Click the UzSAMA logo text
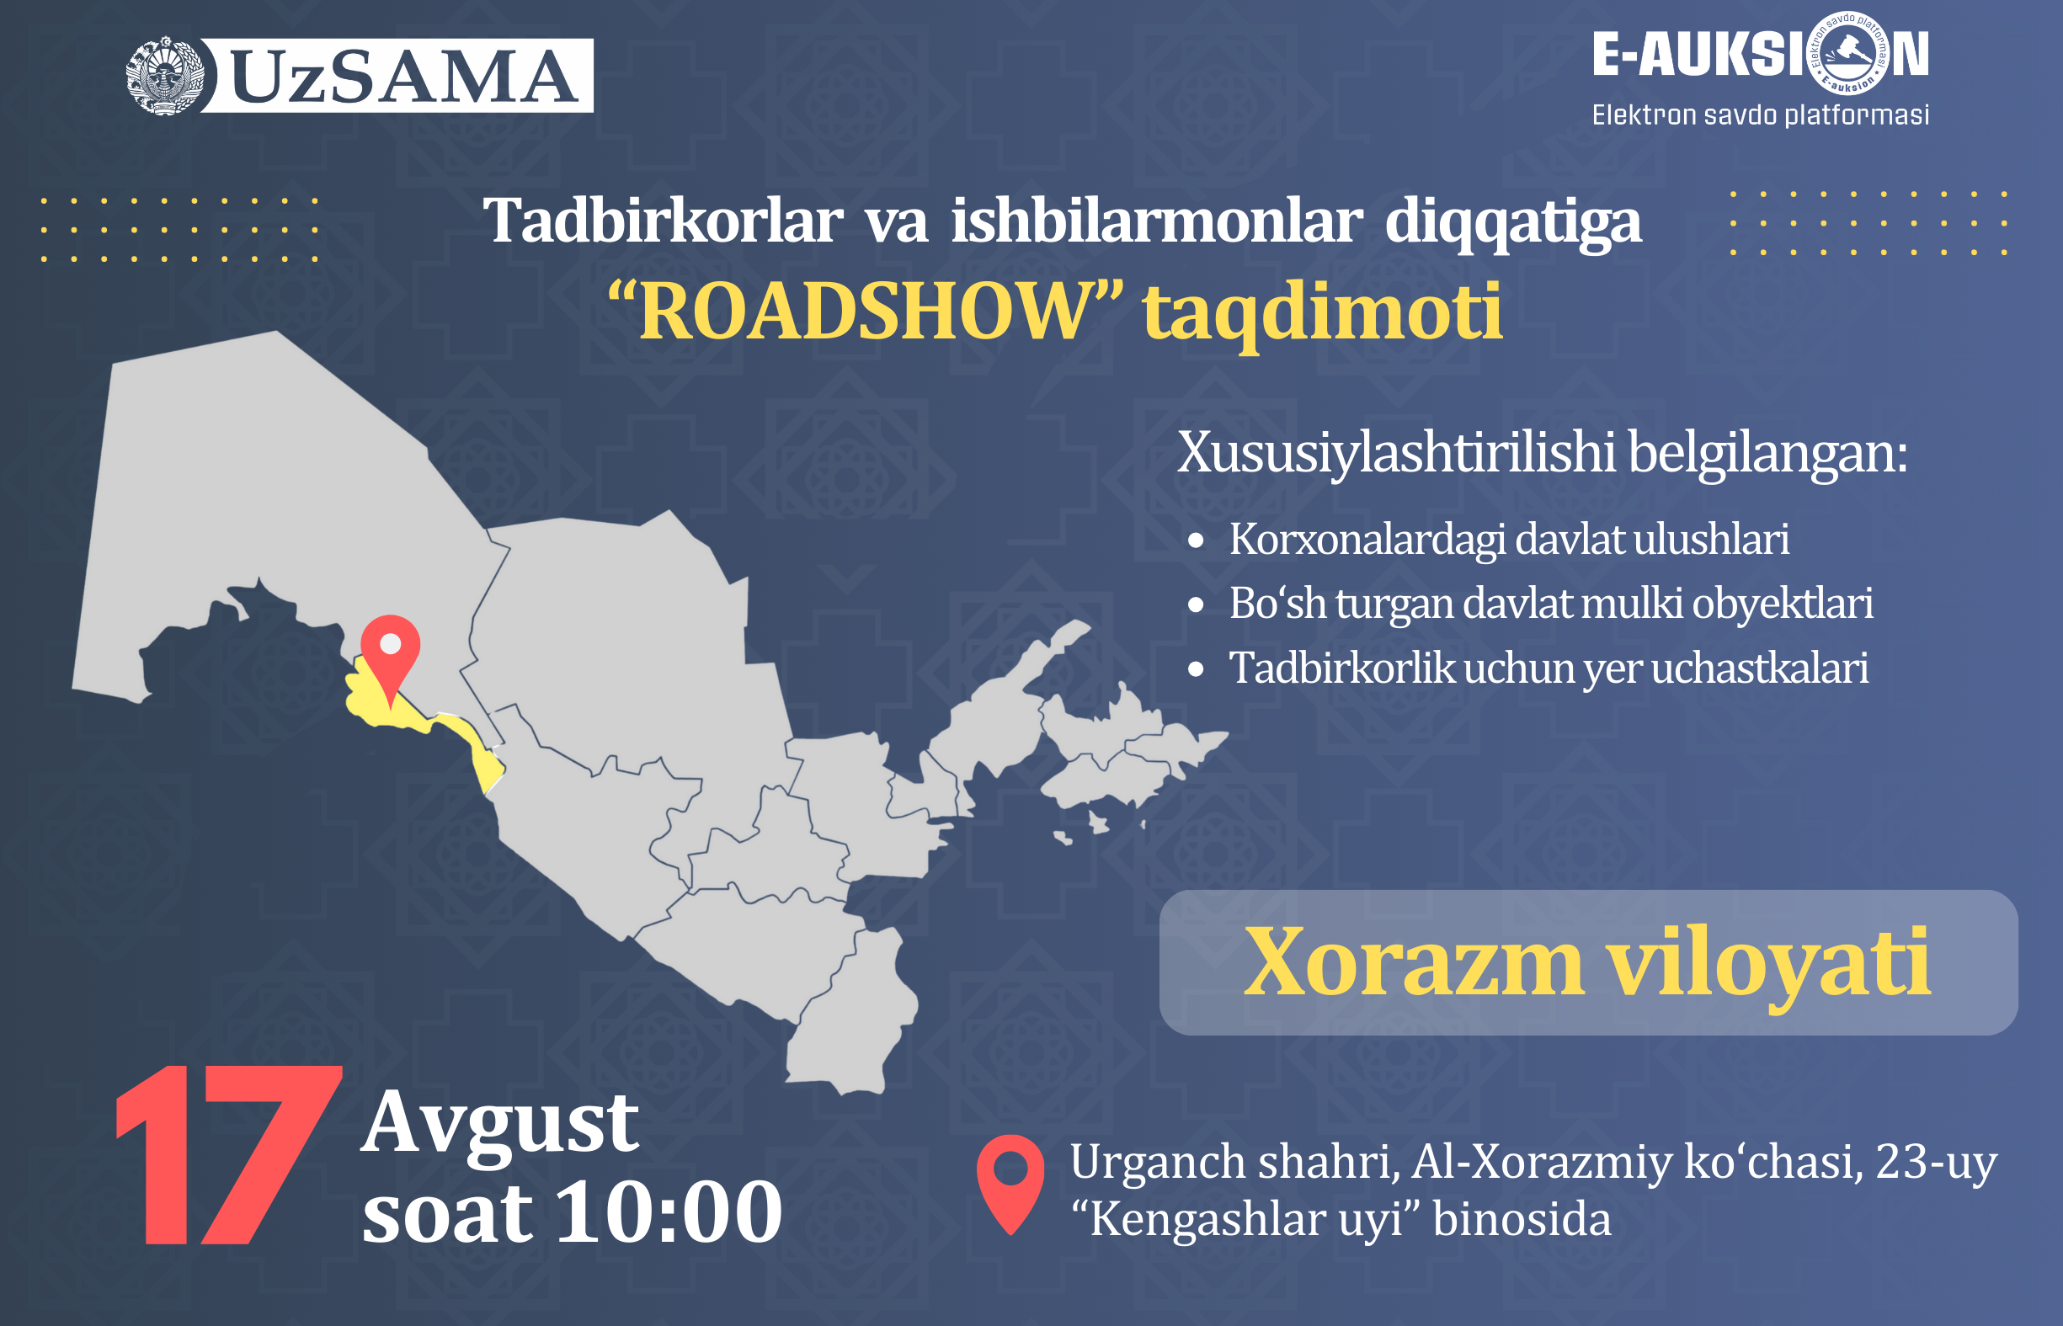click(x=404, y=76)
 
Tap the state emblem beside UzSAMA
click(x=164, y=76)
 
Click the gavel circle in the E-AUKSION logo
click(x=1849, y=53)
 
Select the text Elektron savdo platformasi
click(x=1760, y=114)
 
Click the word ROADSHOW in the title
click(x=866, y=311)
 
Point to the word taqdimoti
click(x=1323, y=312)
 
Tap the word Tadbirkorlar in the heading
click(x=662, y=221)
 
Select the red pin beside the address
click(x=1010, y=1184)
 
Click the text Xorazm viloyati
click(x=1587, y=963)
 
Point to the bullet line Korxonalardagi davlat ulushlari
click(x=1508, y=539)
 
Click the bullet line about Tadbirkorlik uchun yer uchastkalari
click(x=1549, y=668)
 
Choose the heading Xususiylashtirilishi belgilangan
click(x=1542, y=453)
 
